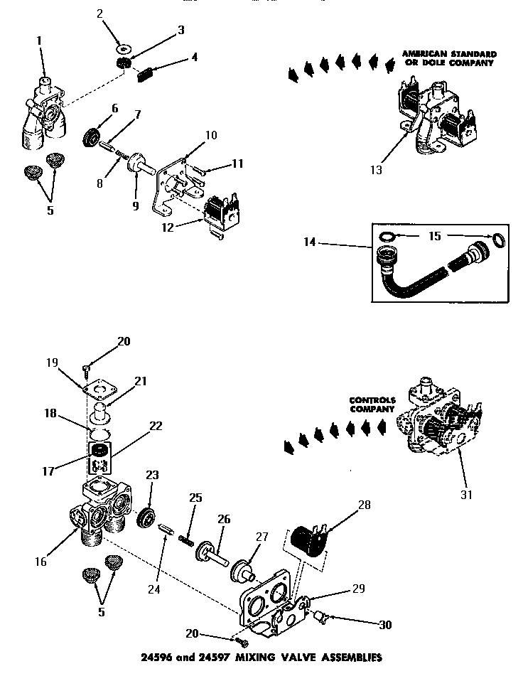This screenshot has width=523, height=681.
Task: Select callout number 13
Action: coord(376,170)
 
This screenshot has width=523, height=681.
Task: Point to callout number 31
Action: coord(467,494)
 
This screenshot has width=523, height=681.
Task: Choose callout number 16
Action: coord(41,562)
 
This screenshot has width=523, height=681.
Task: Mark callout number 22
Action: coord(156,426)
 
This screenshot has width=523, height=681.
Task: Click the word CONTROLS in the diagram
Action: coord(372,400)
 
